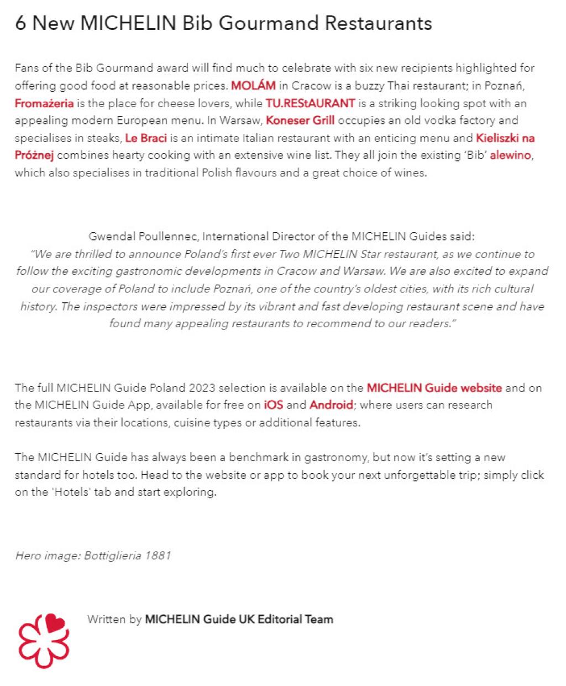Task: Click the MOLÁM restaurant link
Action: click(253, 86)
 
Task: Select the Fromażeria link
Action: click(44, 103)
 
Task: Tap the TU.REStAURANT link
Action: click(310, 103)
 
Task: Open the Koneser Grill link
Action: click(300, 121)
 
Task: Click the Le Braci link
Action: click(146, 138)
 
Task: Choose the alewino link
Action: click(510, 155)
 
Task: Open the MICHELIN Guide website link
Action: click(434, 387)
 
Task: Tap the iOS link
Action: click(274, 405)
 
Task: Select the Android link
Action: click(331, 405)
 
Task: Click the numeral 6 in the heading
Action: click(20, 23)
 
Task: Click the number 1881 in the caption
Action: click(158, 555)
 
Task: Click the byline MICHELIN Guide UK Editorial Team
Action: click(239, 619)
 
